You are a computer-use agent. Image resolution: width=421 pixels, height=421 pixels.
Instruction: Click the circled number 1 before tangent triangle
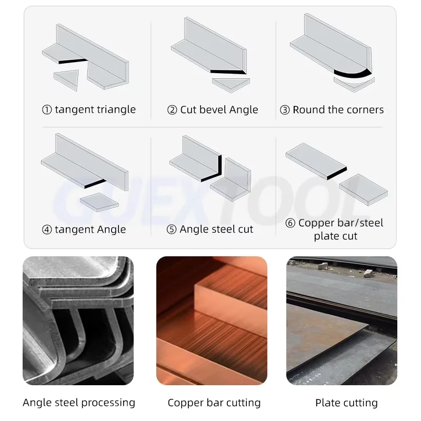(47, 110)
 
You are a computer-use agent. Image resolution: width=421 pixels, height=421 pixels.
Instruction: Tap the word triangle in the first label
(115, 110)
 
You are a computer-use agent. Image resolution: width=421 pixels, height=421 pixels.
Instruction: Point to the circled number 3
(285, 110)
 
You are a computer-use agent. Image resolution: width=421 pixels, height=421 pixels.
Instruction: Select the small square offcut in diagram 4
(99, 201)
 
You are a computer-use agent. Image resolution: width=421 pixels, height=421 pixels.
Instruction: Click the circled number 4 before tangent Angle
(47, 229)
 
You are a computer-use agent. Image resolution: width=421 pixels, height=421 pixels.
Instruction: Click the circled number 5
(172, 229)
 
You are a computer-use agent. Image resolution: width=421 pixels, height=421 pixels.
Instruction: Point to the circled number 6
(290, 223)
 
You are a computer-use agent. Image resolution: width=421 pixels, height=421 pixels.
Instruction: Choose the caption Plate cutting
(346, 403)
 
